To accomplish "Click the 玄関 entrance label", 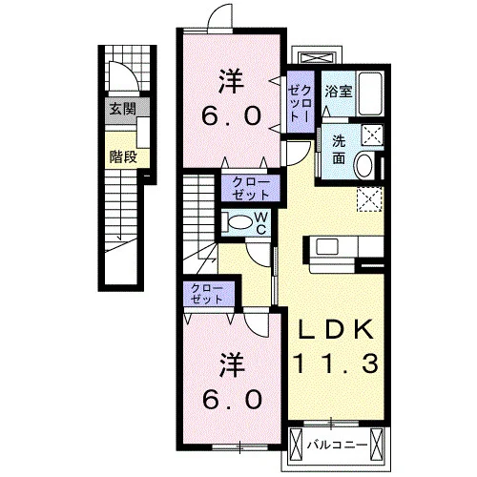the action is pos(123,109).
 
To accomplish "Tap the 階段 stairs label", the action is pos(123,156).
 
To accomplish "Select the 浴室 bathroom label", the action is pos(338,92).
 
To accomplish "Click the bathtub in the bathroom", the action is pos(370,93).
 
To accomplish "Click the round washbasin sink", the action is pos(365,165).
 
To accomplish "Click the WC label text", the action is pos(261,223).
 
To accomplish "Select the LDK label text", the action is pos(335,330).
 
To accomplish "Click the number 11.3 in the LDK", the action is pos(337,363).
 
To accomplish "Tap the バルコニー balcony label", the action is pos(337,445).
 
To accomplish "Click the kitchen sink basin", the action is pos(327,246).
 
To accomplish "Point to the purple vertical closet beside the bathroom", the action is pos(301,102).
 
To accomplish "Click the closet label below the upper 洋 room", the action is pos(251,188).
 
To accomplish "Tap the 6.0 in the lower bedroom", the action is pos(232,399).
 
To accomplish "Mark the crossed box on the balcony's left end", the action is pos(296,445).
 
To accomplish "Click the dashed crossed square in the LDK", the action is pos(369,199).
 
